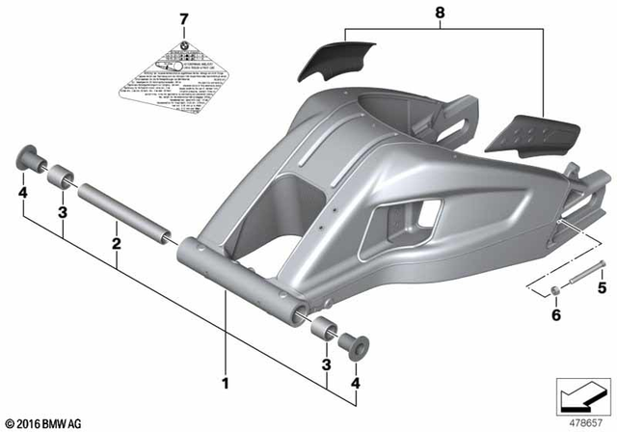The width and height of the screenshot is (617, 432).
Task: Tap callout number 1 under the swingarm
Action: tap(228, 382)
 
